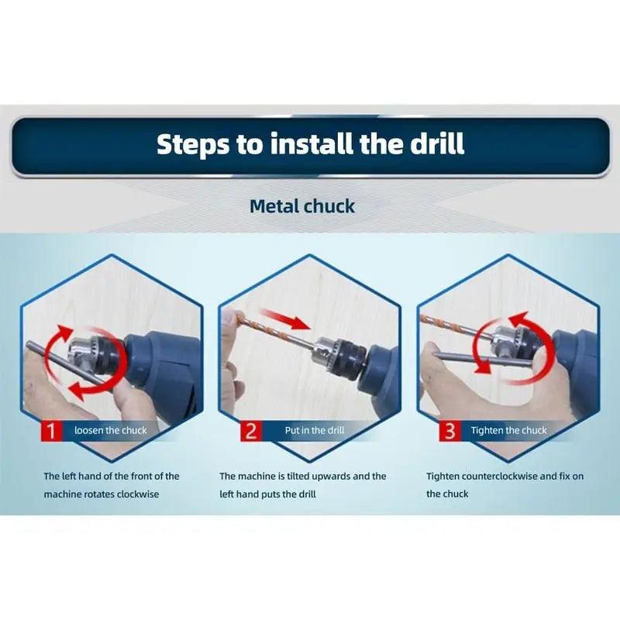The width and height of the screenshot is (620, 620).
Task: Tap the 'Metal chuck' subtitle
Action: pyautogui.click(x=302, y=206)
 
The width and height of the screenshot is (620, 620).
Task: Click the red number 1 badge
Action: pyautogui.click(x=50, y=430)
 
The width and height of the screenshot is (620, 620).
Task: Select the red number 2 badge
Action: pyautogui.click(x=250, y=430)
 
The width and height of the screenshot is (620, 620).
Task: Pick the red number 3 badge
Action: pyautogui.click(x=449, y=430)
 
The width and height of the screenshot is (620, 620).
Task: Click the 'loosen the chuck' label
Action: pyautogui.click(x=110, y=430)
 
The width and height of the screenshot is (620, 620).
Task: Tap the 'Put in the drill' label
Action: pyautogui.click(x=315, y=430)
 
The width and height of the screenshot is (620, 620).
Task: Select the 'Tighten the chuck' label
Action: pyautogui.click(x=508, y=430)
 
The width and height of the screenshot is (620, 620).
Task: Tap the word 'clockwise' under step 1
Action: pyautogui.click(x=138, y=494)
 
